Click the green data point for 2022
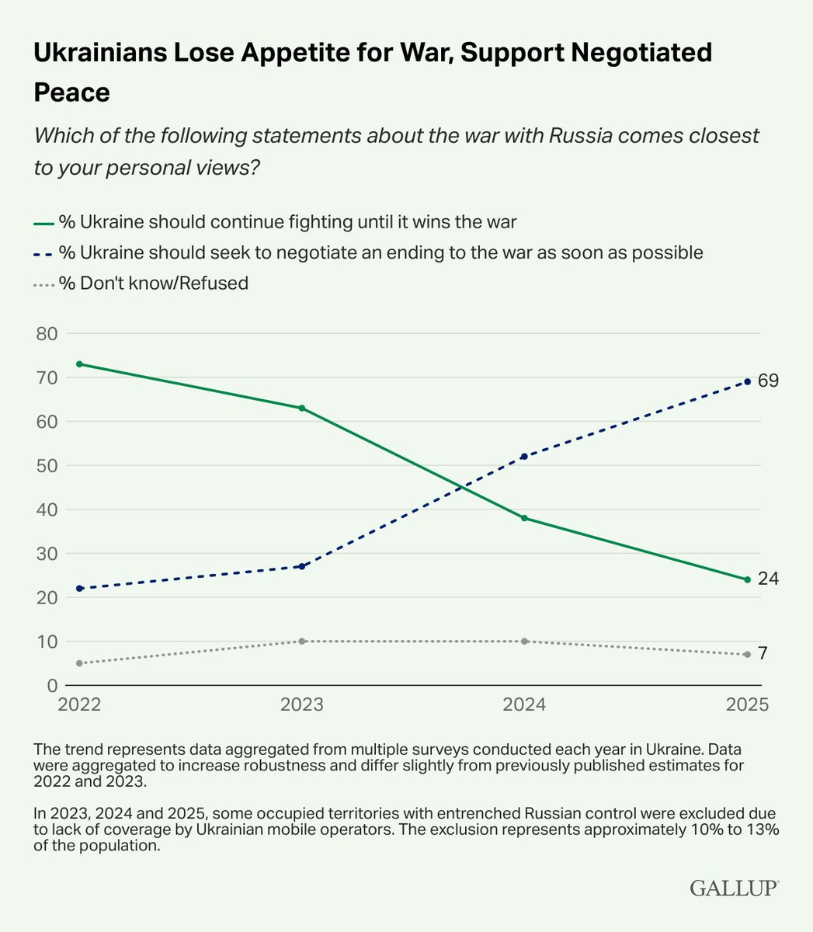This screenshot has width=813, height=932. [79, 364]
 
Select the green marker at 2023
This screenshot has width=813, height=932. [302, 408]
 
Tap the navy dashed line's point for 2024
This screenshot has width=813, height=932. [524, 456]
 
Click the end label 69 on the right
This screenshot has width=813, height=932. [769, 381]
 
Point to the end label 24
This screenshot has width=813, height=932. [769, 579]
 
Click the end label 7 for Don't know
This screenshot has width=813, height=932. [763, 654]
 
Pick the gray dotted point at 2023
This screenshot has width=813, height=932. [302, 641]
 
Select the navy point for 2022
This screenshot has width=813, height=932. [79, 588]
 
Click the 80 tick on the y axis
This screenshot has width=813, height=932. [47, 334]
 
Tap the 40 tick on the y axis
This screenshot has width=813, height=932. [47, 509]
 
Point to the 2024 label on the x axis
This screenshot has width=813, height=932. [524, 704]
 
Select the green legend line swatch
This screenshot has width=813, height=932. [43, 223]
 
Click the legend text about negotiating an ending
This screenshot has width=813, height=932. [380, 252]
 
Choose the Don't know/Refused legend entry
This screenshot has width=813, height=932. [153, 283]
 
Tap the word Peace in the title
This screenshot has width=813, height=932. [71, 92]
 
